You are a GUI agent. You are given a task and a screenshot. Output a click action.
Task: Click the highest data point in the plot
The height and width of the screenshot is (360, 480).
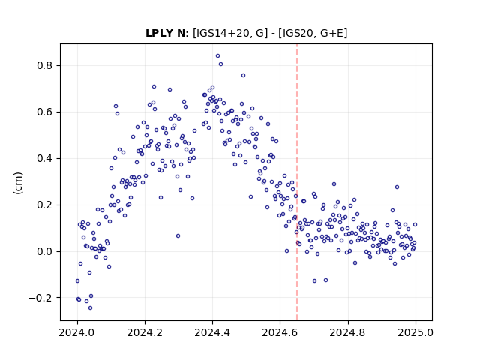(217, 56)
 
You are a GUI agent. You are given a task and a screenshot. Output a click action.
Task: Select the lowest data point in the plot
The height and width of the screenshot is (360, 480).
(90, 307)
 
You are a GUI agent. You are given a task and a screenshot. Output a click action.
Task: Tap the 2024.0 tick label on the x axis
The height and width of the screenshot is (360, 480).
(77, 332)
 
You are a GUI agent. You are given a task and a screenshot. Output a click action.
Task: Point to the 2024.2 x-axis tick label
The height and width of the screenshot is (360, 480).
(145, 332)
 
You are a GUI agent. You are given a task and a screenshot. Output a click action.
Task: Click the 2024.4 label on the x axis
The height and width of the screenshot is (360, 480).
(212, 332)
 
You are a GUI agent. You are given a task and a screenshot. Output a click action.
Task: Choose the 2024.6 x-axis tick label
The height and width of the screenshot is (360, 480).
(280, 332)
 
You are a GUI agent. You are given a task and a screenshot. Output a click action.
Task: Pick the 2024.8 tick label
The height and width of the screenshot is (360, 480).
(348, 332)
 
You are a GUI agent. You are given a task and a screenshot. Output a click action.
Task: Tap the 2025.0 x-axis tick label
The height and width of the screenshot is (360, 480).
(415, 332)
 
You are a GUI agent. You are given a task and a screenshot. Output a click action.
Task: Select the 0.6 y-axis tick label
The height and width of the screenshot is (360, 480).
(44, 112)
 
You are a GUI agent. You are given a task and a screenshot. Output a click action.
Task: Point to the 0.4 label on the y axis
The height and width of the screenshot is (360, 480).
(44, 158)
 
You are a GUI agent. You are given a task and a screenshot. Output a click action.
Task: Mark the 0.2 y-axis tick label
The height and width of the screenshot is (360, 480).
(44, 205)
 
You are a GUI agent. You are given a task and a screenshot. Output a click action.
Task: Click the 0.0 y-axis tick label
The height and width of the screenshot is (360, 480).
(44, 252)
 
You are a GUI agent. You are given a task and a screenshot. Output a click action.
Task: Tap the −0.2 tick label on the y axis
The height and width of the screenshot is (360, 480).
(40, 298)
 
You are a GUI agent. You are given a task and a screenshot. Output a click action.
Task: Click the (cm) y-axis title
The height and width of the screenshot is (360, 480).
(18, 183)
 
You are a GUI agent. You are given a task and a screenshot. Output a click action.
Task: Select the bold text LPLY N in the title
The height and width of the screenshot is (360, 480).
(165, 33)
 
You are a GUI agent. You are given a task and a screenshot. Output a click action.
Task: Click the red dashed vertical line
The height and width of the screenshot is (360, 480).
(297, 182)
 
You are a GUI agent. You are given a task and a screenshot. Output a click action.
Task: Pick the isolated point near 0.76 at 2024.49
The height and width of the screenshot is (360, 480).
(243, 75)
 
